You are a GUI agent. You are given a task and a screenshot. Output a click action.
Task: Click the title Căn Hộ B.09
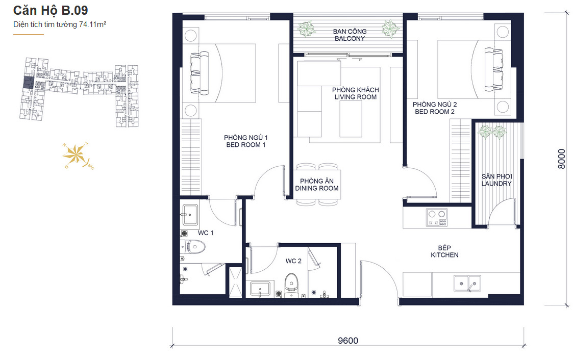pyautogui.click(x=51, y=11)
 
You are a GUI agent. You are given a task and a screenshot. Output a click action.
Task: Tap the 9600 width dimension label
pyautogui.click(x=348, y=341)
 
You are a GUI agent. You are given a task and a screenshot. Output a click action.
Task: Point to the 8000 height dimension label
pyautogui.click(x=562, y=159)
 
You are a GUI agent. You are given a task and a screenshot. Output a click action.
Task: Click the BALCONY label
pyautogui.click(x=350, y=38)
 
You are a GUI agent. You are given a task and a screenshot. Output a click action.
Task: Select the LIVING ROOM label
pyautogui.click(x=356, y=97)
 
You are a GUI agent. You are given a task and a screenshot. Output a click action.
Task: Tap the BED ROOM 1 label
pyautogui.click(x=246, y=145)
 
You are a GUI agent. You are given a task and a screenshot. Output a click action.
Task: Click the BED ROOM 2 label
pyautogui.click(x=435, y=112)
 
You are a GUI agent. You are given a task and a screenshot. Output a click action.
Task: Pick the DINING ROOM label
pyautogui.click(x=317, y=188)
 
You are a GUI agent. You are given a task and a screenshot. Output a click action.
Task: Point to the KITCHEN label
pyautogui.click(x=444, y=255)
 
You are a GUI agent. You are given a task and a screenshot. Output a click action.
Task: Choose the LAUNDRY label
pyautogui.click(x=496, y=184)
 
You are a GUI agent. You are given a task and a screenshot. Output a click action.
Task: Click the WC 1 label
pyautogui.click(x=206, y=233)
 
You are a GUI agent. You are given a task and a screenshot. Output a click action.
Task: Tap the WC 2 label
pyautogui.click(x=293, y=261)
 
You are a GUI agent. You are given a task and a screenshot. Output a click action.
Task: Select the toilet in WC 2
pyautogui.click(x=291, y=285)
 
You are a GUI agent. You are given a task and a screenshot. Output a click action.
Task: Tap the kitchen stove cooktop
pyautogui.click(x=437, y=218)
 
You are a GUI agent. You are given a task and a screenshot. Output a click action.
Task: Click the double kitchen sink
pyautogui.click(x=467, y=284)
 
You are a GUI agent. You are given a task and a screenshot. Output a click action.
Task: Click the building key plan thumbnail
pyautogui.click(x=79, y=92)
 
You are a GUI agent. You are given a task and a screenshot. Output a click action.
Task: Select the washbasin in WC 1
pyautogui.click(x=190, y=215)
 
